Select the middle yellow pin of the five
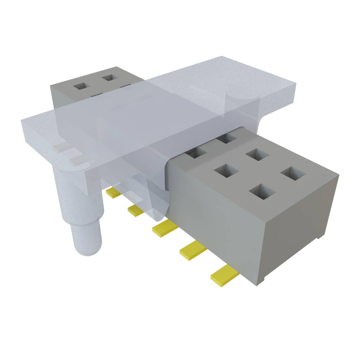(x=165, y=229)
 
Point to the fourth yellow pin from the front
(x=136, y=211)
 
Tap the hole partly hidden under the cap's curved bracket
(x=227, y=137)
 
